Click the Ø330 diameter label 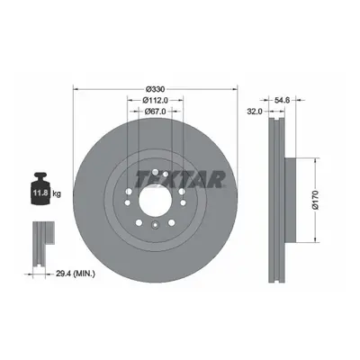(155, 89)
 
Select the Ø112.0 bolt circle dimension (155, 100)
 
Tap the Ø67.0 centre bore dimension (155, 112)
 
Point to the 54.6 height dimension (282, 100)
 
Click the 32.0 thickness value (255, 112)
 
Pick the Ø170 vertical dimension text (315, 200)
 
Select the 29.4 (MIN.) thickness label (76, 274)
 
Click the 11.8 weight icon (40, 188)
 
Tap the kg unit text (57, 193)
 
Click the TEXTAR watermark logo (180, 179)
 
